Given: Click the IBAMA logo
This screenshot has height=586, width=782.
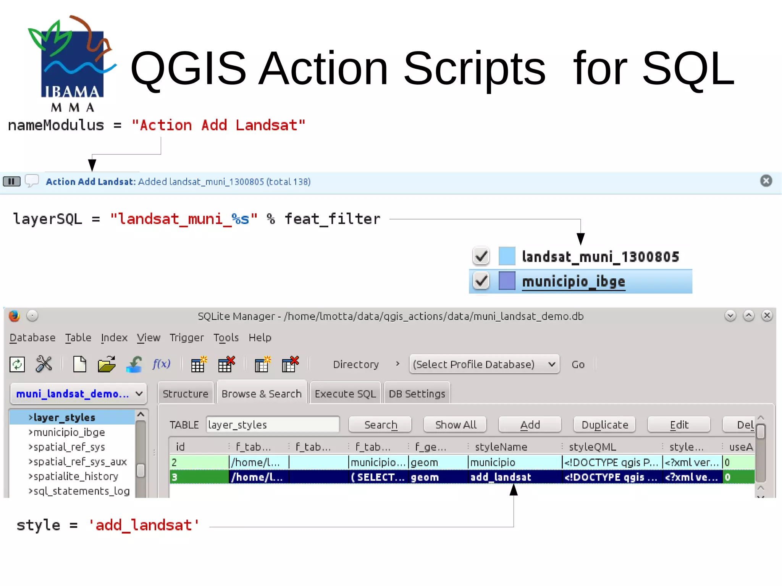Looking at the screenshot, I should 71,63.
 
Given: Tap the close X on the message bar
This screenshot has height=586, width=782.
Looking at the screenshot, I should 766,181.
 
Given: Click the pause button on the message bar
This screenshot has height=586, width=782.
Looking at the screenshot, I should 11,181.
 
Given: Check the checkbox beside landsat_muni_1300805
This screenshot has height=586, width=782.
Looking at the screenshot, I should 481,256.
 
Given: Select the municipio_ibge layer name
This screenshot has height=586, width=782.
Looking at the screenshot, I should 573,282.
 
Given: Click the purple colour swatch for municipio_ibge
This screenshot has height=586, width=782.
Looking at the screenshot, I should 507,281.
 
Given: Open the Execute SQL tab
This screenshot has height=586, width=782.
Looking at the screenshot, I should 345,394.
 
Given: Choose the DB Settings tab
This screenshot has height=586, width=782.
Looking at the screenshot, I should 417,394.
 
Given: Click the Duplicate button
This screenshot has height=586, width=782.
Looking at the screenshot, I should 604,425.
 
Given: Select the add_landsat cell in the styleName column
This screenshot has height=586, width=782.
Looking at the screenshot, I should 501,477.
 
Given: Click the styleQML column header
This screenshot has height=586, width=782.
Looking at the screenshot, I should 592,447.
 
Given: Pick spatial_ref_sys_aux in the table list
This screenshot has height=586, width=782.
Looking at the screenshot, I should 80,462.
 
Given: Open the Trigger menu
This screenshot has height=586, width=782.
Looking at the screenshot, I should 187,337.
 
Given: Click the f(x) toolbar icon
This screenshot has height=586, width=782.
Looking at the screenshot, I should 161,364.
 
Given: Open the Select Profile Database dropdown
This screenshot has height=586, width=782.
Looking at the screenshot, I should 484,364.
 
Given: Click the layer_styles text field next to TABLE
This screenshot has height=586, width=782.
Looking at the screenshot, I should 273,425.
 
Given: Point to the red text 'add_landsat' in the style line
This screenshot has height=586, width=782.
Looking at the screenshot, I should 144,525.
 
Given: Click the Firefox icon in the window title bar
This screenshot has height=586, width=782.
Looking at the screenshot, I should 15,316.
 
